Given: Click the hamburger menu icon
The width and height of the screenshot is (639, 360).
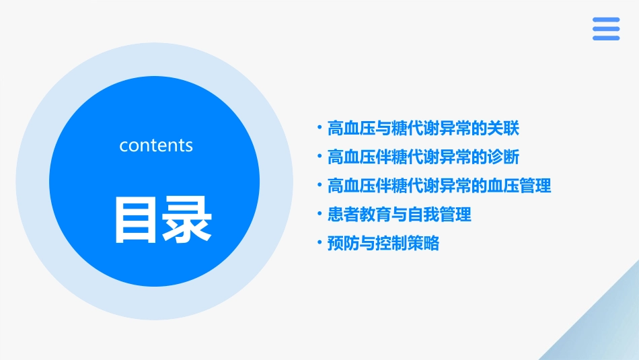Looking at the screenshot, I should click(x=606, y=29).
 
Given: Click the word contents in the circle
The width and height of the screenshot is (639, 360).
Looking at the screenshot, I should click(x=156, y=145).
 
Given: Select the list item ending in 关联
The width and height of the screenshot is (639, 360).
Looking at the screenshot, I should click(x=422, y=128).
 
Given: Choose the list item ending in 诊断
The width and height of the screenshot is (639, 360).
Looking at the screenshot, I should click(x=422, y=157).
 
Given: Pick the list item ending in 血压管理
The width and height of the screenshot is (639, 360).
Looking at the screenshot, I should click(x=439, y=186).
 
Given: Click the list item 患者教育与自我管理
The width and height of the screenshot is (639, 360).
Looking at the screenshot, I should click(x=399, y=215).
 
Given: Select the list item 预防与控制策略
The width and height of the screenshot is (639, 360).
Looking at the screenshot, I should click(x=383, y=244).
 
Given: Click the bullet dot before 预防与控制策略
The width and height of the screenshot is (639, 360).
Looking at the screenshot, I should click(x=319, y=243).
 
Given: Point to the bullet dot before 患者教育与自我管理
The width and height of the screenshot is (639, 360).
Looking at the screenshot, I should click(x=319, y=214).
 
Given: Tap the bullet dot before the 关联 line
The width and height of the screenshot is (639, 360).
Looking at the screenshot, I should click(x=319, y=127).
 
